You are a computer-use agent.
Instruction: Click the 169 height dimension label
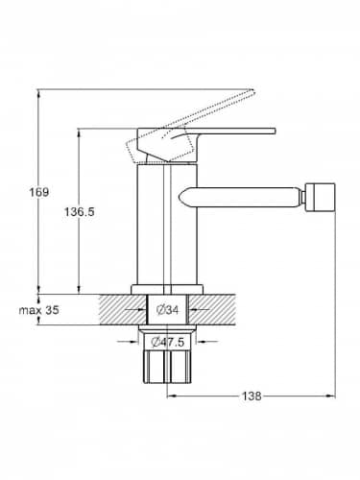39,192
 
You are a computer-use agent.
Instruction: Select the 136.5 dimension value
80,211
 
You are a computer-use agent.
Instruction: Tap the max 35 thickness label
38,310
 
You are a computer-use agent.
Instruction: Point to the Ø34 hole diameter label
167,310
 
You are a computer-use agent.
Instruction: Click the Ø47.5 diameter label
168,342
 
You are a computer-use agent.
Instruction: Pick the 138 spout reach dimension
252,396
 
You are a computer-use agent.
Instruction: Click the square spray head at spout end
321,198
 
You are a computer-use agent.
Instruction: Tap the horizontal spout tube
241,198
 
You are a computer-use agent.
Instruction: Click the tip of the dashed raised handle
253,90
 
